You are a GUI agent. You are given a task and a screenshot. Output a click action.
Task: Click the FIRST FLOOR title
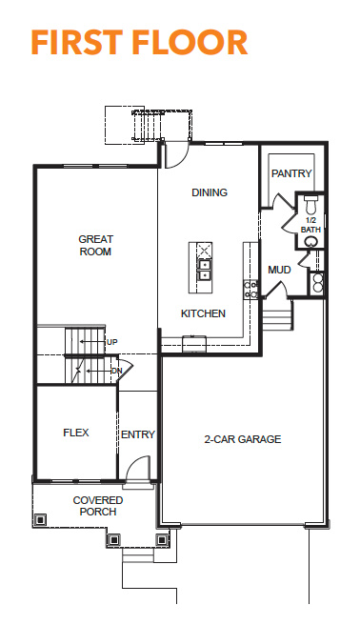(139, 42)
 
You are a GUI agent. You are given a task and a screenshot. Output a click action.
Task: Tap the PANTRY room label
(291, 173)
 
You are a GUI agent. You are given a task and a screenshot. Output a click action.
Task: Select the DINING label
(210, 192)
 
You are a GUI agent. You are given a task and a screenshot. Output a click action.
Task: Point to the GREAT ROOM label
(95, 246)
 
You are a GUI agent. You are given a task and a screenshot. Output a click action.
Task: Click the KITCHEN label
(203, 313)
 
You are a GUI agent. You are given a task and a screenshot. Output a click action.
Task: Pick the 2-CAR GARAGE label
(243, 439)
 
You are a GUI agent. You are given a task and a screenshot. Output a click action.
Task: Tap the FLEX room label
(76, 433)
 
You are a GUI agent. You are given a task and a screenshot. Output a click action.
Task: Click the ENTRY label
(138, 434)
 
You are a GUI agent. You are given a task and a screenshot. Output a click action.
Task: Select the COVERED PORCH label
(98, 506)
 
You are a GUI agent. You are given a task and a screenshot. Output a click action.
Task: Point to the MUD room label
(279, 270)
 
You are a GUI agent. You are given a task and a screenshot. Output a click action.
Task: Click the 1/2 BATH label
(310, 225)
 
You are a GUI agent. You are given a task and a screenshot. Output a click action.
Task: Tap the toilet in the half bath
(310, 204)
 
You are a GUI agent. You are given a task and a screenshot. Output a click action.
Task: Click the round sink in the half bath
(311, 242)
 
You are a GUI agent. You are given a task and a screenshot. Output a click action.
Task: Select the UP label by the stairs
(111, 342)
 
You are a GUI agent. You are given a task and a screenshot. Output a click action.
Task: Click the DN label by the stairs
(117, 372)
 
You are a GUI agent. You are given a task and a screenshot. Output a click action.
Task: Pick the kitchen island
(200, 268)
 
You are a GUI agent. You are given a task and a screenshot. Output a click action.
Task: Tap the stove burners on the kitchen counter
(250, 290)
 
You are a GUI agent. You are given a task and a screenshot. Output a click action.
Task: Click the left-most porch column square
(40, 520)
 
